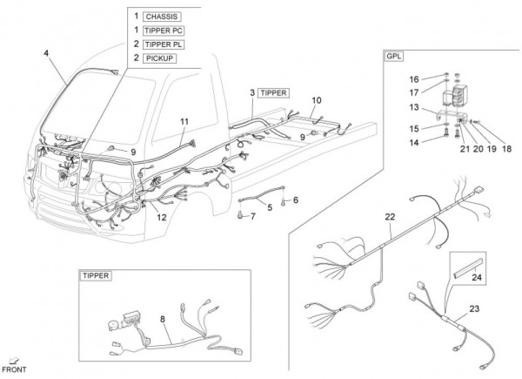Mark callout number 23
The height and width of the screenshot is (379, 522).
(475, 307)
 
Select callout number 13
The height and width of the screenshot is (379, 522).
(415, 107)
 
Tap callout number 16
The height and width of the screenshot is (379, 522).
(414, 78)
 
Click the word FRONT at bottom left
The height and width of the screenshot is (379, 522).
(18, 370)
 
